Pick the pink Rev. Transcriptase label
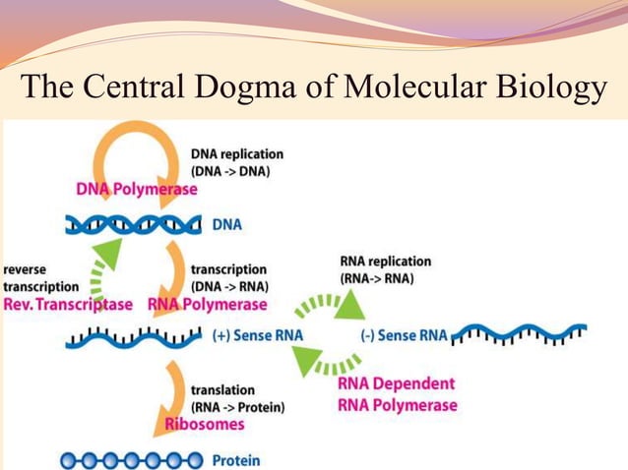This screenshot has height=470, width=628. [67, 304]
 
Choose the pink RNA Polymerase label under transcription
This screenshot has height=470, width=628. [207, 304]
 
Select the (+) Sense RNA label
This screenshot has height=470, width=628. [257, 335]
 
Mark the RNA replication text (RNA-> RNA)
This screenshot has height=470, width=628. [385, 269]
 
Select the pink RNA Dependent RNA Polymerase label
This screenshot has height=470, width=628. [397, 394]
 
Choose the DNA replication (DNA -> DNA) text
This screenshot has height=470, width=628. [236, 162]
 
